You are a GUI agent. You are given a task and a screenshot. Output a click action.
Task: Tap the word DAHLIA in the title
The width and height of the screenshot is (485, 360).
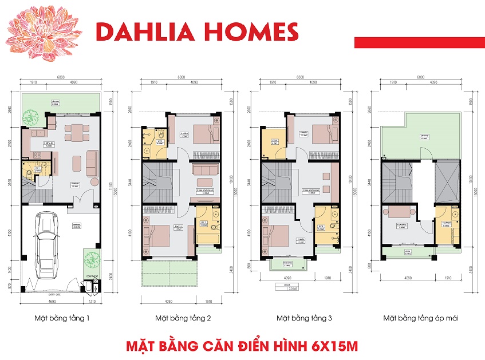tap(144, 33)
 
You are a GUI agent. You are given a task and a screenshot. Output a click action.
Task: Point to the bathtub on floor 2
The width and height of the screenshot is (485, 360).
tap(206, 234)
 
